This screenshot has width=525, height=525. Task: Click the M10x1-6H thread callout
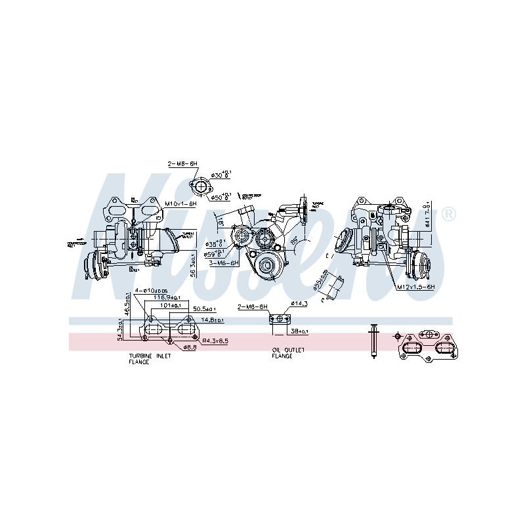(180, 203)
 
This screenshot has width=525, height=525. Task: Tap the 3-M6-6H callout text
(224, 262)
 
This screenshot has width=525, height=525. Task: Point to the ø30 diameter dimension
(219, 175)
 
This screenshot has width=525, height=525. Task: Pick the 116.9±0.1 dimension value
(167, 297)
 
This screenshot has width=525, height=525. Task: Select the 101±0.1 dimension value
(174, 304)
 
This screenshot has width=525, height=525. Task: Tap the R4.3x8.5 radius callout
(214, 341)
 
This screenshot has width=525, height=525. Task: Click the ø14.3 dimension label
(299, 303)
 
